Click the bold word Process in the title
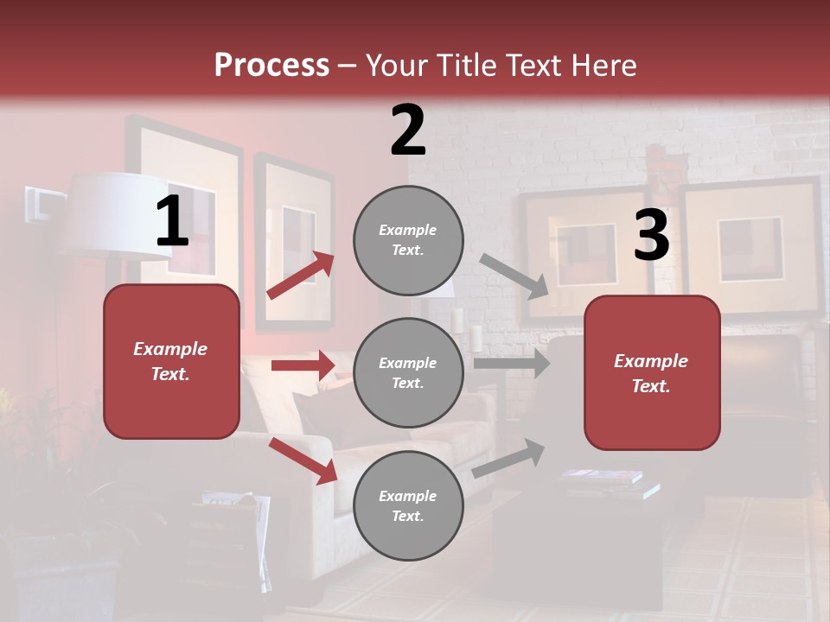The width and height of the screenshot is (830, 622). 271,66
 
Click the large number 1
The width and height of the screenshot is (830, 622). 172,223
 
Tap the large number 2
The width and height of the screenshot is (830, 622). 408,130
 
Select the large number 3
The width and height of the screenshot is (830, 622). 651,236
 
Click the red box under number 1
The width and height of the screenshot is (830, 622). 171,361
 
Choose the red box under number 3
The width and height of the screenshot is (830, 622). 652,373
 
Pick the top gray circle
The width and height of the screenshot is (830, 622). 408,240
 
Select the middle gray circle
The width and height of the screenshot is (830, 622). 408,373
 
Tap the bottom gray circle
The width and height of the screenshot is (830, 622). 408,506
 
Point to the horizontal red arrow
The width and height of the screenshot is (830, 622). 303,365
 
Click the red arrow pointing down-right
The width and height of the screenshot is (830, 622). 303,460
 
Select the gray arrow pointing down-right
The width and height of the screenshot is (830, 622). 514,276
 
